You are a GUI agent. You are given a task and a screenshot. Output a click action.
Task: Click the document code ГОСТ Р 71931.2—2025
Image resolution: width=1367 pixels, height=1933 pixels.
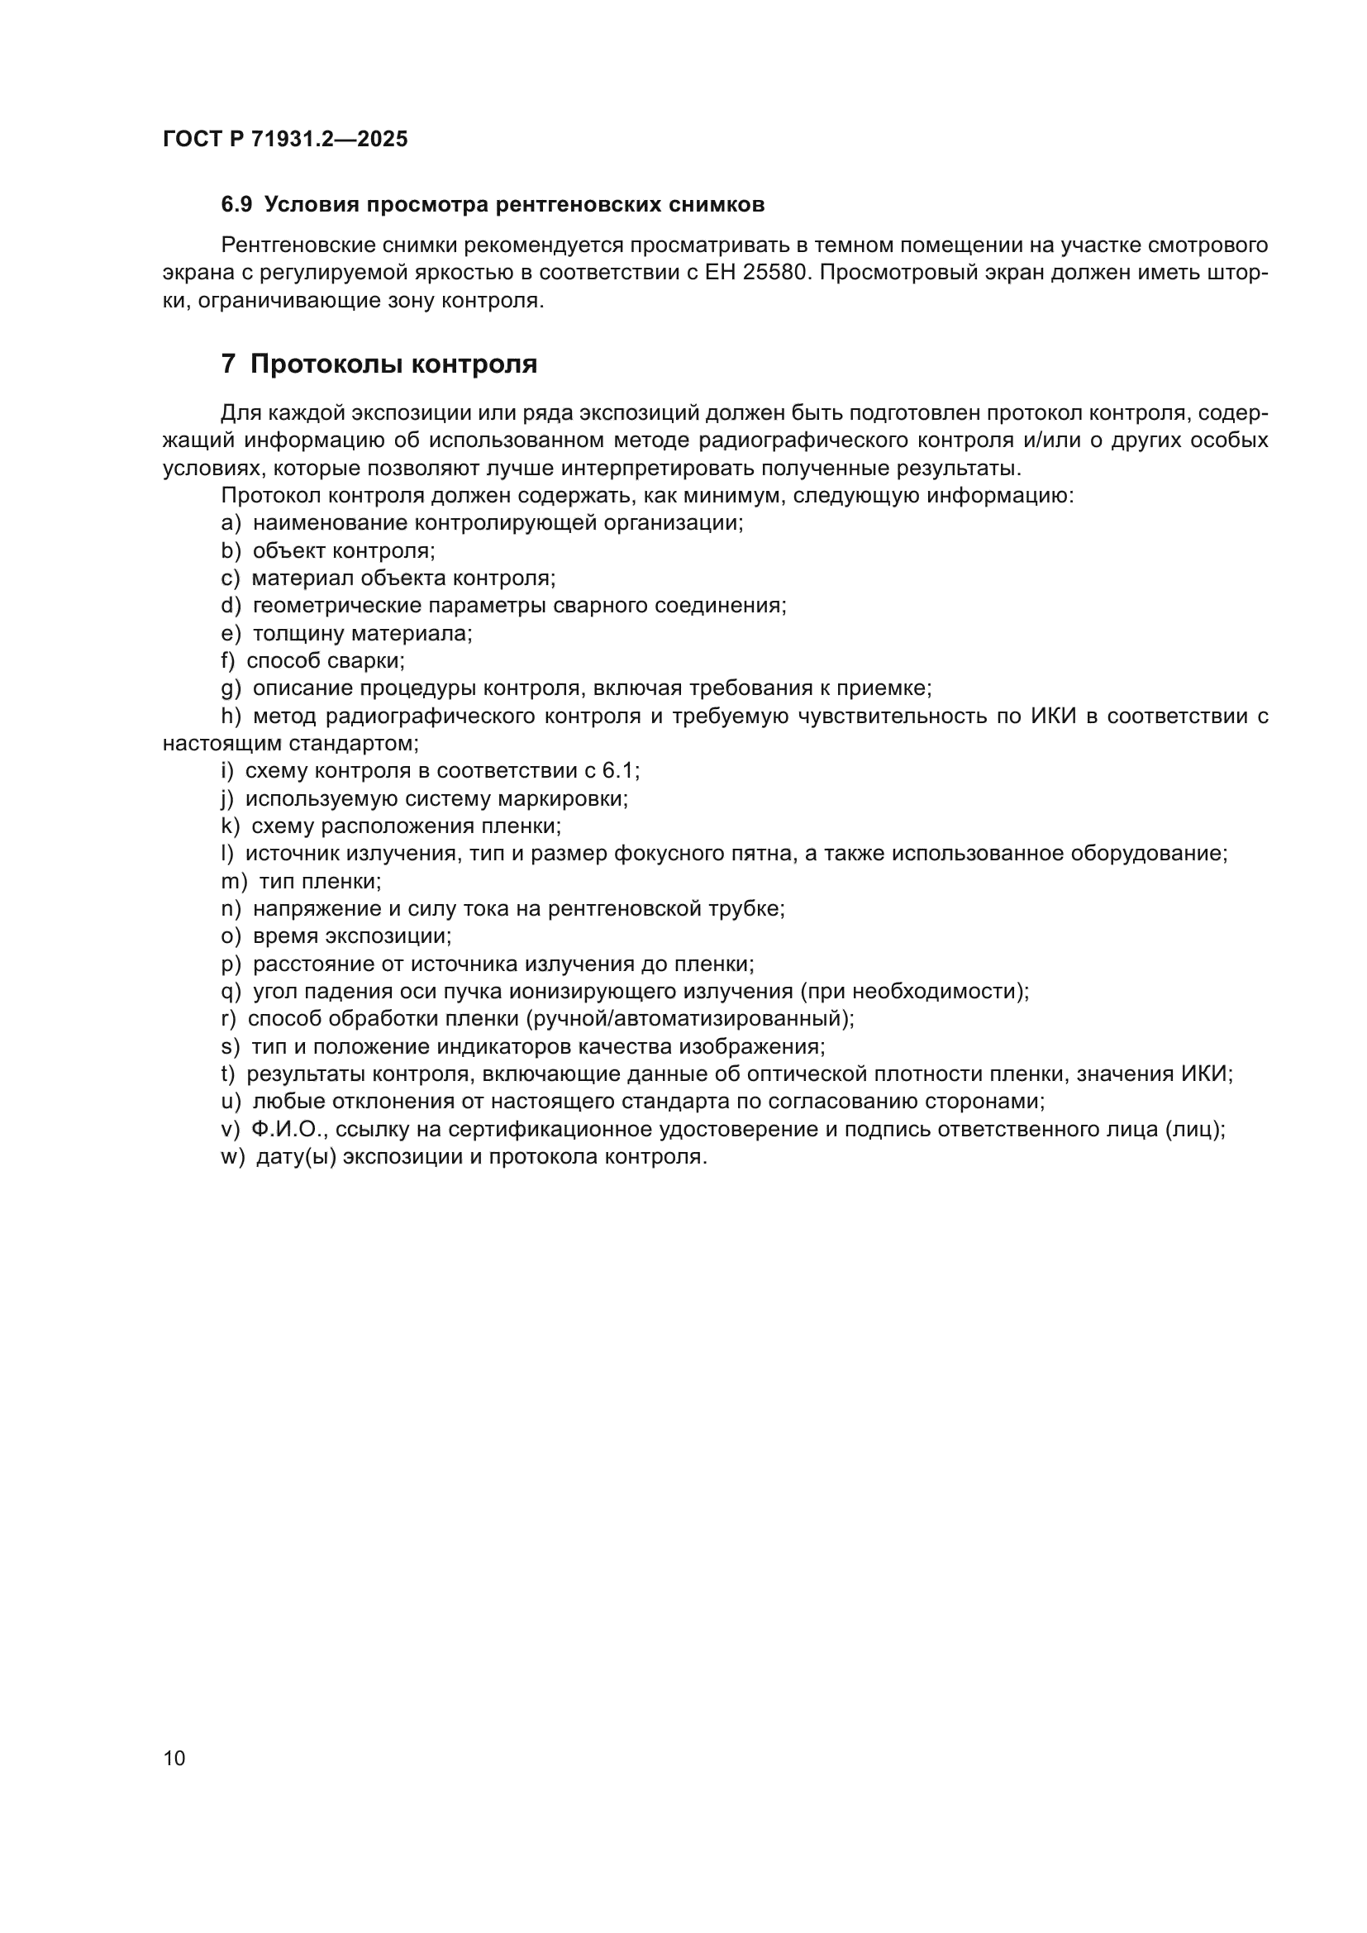pos(284,140)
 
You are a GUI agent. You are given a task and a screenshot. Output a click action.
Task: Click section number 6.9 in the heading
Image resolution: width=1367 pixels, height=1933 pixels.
pos(236,205)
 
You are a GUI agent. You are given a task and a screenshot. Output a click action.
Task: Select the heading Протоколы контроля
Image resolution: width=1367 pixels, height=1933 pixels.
pos(393,364)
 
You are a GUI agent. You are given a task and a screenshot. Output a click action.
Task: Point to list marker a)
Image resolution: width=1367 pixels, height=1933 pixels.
pos(231,523)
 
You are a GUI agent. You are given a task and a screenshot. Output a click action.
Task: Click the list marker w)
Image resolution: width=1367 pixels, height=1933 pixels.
pos(232,1157)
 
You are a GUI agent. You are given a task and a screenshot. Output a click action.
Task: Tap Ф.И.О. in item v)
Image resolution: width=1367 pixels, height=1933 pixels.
pos(288,1130)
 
